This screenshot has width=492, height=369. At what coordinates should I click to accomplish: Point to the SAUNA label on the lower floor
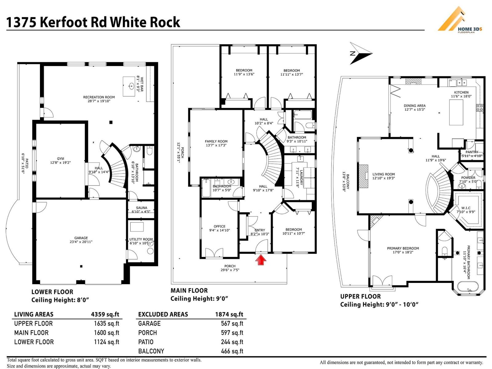click(x=141, y=208)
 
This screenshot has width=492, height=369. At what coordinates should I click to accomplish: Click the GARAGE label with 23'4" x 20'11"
click(x=81, y=238)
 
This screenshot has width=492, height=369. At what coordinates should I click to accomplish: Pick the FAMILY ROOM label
click(x=216, y=141)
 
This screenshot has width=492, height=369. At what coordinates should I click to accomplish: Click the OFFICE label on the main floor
click(x=220, y=226)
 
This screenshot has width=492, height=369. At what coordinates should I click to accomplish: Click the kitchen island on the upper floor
click(x=456, y=113)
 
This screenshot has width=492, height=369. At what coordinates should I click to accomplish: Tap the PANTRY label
click(x=472, y=152)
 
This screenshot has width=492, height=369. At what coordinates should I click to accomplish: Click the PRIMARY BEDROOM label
click(x=403, y=248)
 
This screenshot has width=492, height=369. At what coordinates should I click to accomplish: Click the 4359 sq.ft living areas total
click(x=105, y=314)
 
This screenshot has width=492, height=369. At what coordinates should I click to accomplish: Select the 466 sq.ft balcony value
click(x=232, y=351)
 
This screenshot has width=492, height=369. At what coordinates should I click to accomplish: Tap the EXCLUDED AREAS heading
click(x=163, y=314)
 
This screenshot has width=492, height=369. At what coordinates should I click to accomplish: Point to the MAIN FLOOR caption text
click(x=189, y=291)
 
